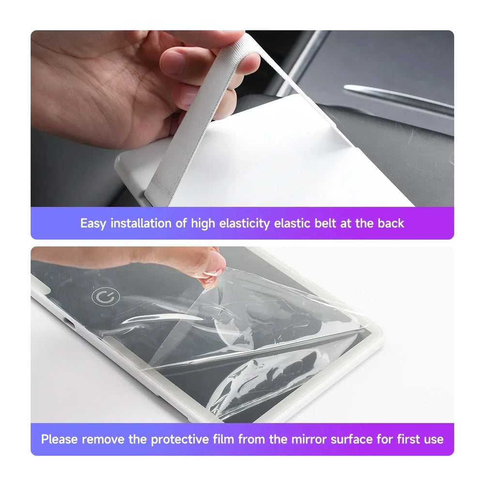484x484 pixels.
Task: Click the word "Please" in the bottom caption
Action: tap(60, 439)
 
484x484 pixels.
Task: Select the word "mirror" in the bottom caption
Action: tap(309, 439)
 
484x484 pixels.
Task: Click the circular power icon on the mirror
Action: tap(103, 297)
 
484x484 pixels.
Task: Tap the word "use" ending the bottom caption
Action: tap(434, 439)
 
